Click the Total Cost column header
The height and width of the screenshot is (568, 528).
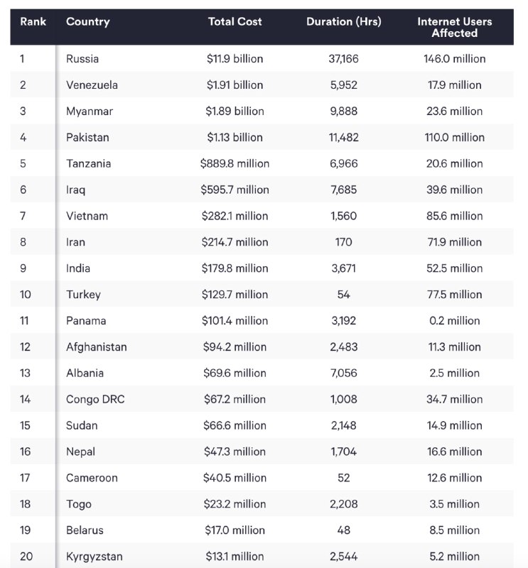(235, 21)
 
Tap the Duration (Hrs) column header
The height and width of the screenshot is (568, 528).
(343, 21)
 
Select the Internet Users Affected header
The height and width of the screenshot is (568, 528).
(454, 27)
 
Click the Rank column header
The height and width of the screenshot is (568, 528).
(33, 21)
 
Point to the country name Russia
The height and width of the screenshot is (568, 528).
(82, 59)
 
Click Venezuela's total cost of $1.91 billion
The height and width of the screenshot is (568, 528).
(235, 85)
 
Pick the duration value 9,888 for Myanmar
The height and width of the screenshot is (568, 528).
(343, 111)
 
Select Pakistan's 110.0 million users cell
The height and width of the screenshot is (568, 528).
(454, 138)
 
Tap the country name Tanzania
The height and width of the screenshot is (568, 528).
(88, 163)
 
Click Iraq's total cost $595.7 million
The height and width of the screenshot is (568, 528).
(235, 190)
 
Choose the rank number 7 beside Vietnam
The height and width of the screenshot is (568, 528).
(23, 216)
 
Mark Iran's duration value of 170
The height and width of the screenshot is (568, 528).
(343, 242)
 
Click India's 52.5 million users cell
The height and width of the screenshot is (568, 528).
(454, 268)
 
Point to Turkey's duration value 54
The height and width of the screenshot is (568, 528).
(343, 295)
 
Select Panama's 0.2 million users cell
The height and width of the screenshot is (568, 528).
(454, 321)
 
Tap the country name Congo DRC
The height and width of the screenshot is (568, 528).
(95, 399)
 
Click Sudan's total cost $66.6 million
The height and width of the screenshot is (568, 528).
(235, 425)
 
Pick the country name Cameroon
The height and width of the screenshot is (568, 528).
(92, 478)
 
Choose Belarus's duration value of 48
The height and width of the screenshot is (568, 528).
(343, 530)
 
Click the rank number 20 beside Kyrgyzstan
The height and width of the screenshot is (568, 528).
(26, 557)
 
